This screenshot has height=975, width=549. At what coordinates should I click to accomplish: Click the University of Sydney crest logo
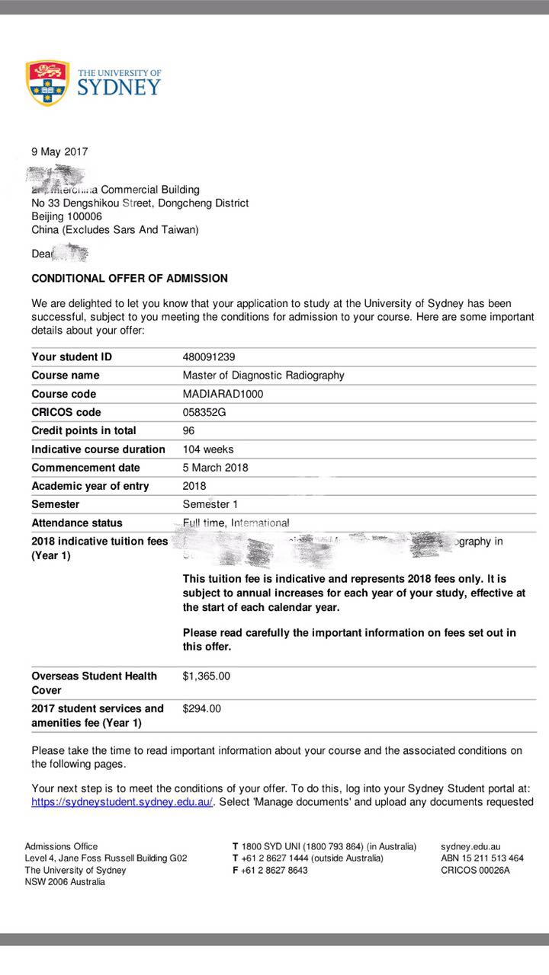[48, 83]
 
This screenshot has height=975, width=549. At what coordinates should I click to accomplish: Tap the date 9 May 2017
[59, 152]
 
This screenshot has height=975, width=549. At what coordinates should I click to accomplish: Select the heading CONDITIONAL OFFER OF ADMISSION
[130, 279]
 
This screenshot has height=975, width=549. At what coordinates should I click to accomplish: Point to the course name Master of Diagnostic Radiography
[263, 375]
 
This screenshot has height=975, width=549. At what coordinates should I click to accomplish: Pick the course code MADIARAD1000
[223, 394]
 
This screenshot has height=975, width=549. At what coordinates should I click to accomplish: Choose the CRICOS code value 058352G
[204, 412]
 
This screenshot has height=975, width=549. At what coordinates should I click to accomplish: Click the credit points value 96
[188, 430]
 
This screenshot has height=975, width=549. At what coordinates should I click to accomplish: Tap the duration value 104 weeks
[208, 449]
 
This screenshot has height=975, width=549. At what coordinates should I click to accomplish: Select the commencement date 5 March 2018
[215, 468]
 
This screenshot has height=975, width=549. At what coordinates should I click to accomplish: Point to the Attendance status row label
[77, 523]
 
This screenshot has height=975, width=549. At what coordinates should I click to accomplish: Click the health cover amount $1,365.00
[207, 676]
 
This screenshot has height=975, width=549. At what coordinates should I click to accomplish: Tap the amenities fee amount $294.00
[202, 708]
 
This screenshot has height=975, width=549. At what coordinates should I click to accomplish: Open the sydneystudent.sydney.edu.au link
[122, 801]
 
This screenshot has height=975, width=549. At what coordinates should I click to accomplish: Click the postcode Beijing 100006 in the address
[66, 216]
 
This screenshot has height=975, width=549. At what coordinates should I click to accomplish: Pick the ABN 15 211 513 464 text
[482, 858]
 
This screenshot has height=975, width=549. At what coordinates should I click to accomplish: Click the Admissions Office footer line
[61, 846]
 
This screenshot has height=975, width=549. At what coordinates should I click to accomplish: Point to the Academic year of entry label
[90, 486]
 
